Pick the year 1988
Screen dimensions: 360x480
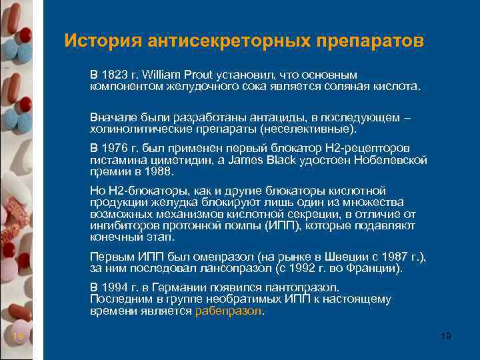[159, 171]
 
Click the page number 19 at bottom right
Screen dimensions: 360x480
[446, 337]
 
